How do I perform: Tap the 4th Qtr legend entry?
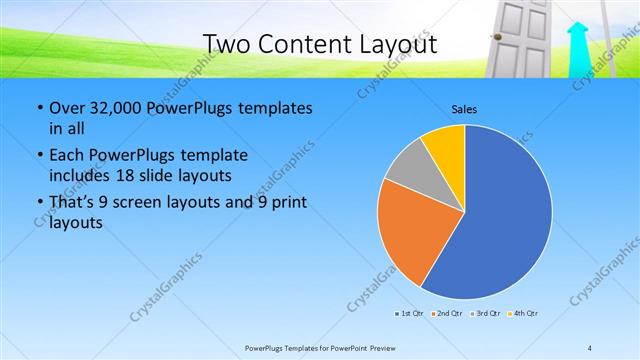[x=523, y=314]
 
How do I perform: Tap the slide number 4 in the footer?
[x=591, y=347]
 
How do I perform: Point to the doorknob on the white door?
[x=493, y=37]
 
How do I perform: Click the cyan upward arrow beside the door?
[x=578, y=50]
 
